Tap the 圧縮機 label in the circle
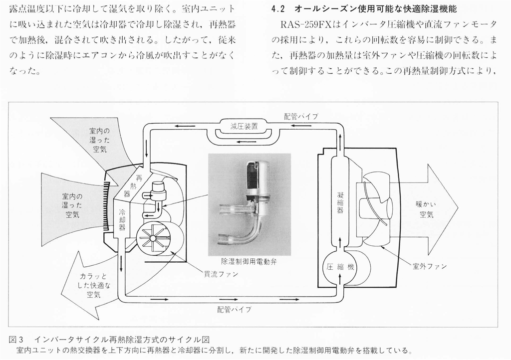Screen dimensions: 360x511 (x=340, y=267)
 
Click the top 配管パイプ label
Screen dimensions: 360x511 (x=301, y=117)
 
